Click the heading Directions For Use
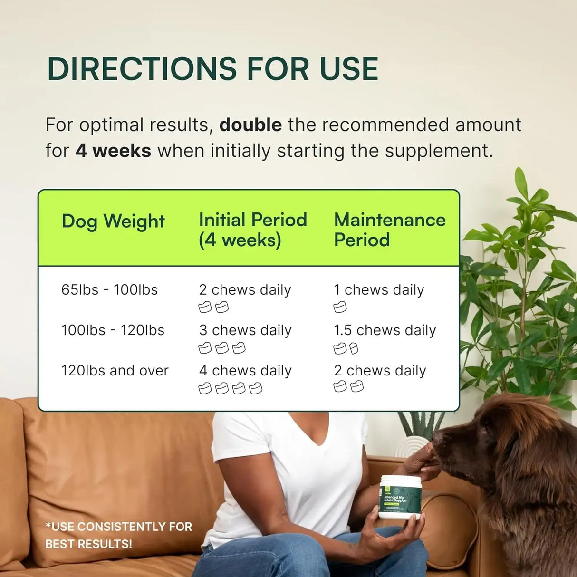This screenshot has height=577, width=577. tap(212, 69)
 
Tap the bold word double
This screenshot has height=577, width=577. tap(250, 125)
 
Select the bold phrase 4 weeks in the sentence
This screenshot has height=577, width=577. tap(113, 151)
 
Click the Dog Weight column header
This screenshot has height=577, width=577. tap(113, 221)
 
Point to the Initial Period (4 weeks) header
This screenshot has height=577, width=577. tap(252, 230)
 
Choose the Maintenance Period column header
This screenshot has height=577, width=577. tap(389, 230)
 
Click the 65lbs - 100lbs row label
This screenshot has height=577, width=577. tap(109, 290)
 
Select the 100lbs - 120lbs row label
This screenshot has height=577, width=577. tap(113, 330)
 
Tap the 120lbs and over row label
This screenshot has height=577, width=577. tap(115, 371)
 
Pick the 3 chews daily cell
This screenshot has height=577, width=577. tap(245, 330)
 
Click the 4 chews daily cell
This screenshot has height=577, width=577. tap(245, 371)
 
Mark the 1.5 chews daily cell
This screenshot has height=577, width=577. tap(385, 330)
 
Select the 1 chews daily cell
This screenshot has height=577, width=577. tap(379, 290)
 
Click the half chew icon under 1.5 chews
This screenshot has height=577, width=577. tap(354, 349)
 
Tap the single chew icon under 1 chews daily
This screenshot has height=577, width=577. tap(340, 308)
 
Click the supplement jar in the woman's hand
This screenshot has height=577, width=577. tap(399, 497)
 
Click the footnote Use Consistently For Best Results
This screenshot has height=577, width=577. tap(118, 535)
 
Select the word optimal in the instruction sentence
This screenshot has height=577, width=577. tap(111, 125)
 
